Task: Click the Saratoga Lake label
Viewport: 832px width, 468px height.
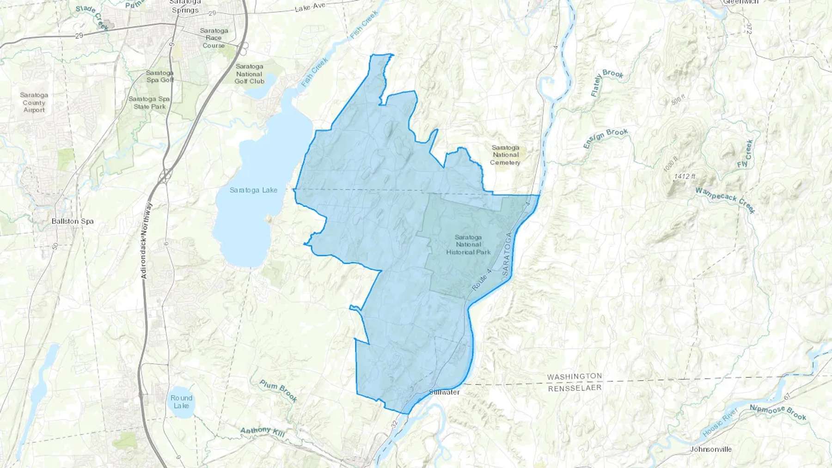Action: click(x=253, y=190)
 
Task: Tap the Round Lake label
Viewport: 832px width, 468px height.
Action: click(x=181, y=401)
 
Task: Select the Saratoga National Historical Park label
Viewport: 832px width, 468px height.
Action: click(x=468, y=244)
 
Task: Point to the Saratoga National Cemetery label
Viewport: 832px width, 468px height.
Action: click(x=505, y=155)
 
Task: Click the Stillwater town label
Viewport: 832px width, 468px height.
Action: click(x=444, y=392)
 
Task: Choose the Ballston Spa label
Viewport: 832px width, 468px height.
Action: click(x=73, y=221)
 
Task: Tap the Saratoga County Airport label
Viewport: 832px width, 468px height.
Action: click(x=34, y=103)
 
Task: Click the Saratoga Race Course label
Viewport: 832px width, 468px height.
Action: click(x=214, y=38)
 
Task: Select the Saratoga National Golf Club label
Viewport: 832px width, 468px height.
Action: click(x=250, y=74)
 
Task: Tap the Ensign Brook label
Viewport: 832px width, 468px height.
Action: click(x=606, y=138)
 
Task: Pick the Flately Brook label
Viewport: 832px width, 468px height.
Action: click(x=606, y=83)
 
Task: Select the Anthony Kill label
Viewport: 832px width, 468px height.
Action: click(x=263, y=432)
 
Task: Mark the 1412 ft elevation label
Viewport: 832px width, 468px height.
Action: click(x=685, y=176)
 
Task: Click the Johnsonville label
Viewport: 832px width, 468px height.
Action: click(x=711, y=449)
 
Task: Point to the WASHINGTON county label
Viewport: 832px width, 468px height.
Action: click(x=575, y=377)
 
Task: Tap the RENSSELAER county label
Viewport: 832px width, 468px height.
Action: click(x=575, y=388)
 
